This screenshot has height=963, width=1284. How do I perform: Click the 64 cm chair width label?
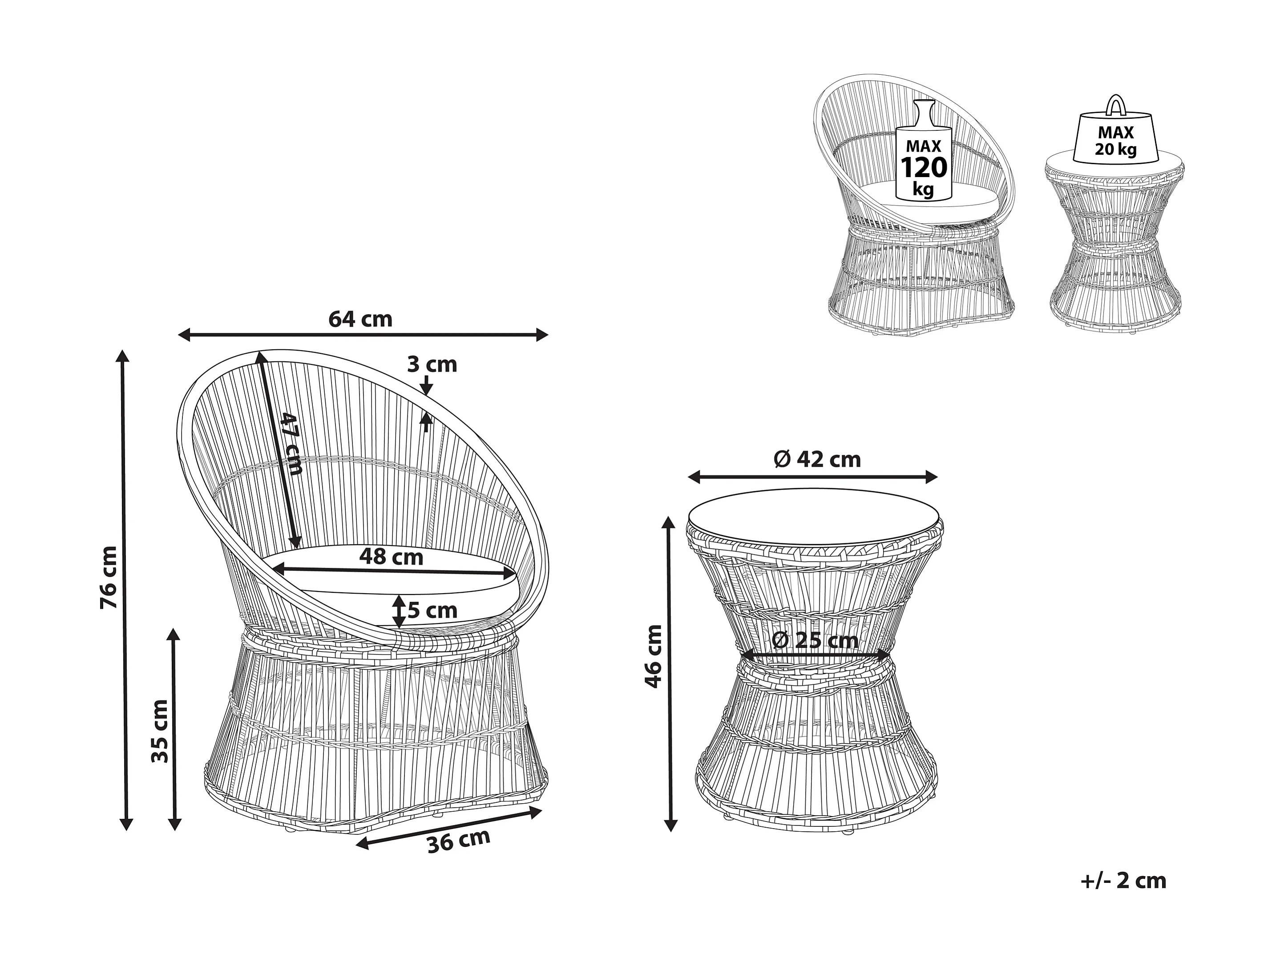click(360, 319)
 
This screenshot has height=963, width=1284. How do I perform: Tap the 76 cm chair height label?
click(109, 577)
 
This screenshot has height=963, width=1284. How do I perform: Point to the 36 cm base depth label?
click(459, 841)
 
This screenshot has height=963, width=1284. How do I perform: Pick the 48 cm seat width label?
click(391, 557)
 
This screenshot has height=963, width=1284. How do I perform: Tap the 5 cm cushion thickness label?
click(432, 610)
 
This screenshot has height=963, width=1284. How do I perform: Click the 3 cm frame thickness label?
click(432, 364)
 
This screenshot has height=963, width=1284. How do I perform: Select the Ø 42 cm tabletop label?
click(817, 459)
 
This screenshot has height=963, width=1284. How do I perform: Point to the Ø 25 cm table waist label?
click(815, 640)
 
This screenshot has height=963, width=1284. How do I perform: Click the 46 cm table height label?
click(654, 656)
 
